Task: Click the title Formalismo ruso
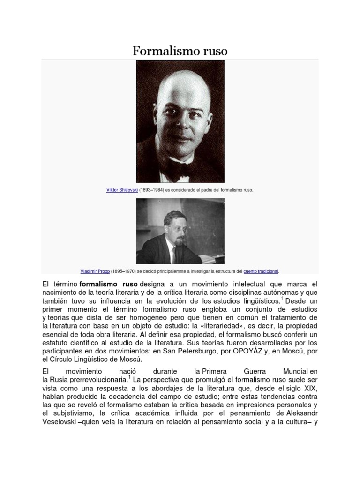[180, 51]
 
